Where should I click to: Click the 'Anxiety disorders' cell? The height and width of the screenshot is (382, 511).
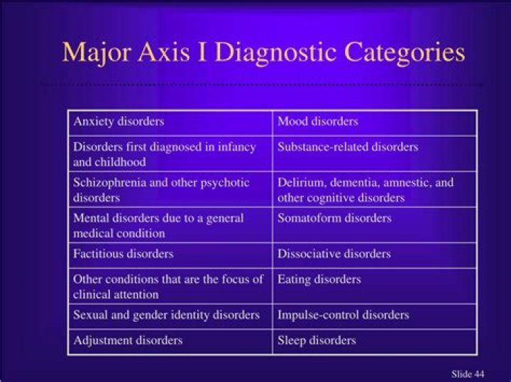coord(119,121)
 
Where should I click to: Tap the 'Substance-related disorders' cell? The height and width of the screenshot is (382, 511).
coord(348,147)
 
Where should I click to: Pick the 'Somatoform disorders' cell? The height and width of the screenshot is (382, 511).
coord(334,218)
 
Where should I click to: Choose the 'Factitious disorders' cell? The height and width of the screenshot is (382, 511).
coord(123,254)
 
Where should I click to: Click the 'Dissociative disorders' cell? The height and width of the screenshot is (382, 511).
coord(334,254)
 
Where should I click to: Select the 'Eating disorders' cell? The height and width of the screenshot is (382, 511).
coord(319,279)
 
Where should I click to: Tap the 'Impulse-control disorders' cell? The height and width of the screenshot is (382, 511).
coord(343,315)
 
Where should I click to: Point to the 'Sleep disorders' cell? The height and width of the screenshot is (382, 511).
coord(317,341)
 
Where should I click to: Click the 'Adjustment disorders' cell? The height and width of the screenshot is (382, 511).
coord(128,341)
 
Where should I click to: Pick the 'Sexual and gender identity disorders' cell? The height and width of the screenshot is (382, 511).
coord(166,315)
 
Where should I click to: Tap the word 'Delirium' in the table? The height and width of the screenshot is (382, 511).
coord(299,183)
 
